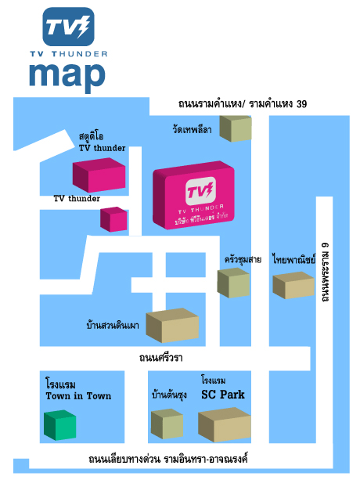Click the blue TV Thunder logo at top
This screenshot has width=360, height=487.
click(x=68, y=27)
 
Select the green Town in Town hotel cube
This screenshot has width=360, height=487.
click(x=60, y=425)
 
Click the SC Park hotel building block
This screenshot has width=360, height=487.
click(x=225, y=424)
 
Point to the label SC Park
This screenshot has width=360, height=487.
click(x=223, y=395)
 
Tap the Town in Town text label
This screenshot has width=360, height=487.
click(x=78, y=396)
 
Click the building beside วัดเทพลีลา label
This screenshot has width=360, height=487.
click(x=236, y=128)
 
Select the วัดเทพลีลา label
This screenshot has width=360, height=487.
click(x=192, y=129)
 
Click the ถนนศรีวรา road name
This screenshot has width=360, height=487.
click(x=160, y=358)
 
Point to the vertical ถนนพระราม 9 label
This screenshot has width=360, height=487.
click(x=325, y=272)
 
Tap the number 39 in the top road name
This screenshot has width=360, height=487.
click(x=301, y=103)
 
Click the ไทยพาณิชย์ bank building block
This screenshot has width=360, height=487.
click(x=293, y=285)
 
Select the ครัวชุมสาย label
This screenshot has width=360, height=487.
click(x=243, y=259)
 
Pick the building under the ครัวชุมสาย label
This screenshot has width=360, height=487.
click(x=233, y=283)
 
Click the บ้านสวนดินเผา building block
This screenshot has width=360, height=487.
click(x=172, y=325)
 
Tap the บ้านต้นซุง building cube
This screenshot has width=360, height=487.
click(x=167, y=424)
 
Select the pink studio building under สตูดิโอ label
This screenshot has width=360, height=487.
click(x=99, y=175)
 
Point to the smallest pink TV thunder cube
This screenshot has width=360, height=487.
click(x=113, y=219)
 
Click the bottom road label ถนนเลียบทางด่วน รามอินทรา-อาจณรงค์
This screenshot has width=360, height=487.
click(x=168, y=459)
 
